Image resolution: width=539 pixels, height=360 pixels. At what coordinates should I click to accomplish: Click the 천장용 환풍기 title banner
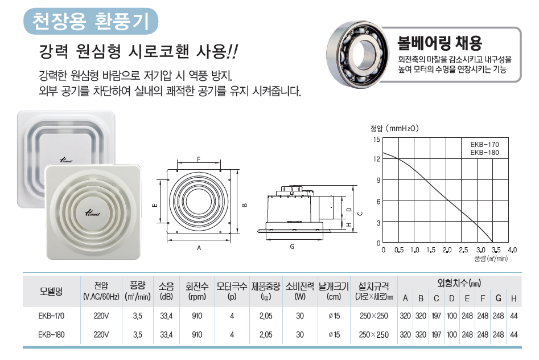coord(90,21)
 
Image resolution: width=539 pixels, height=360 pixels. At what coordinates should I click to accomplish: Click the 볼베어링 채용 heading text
coord(439,43)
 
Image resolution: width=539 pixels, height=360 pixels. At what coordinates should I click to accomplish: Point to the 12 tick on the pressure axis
coord(377,159)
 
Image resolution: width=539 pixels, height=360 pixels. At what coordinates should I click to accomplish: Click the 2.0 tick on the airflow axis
coord(447,250)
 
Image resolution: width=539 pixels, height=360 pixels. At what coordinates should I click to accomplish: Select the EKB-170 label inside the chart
coord(484,145)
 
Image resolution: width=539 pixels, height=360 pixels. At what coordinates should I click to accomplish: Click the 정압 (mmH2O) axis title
coord(394,128)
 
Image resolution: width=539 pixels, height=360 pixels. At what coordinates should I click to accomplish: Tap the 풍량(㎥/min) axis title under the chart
coord(491,259)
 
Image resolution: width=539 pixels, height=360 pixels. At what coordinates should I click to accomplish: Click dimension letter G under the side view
coord(292,247)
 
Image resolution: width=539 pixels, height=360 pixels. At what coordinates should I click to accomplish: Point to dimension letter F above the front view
coord(198,159)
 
